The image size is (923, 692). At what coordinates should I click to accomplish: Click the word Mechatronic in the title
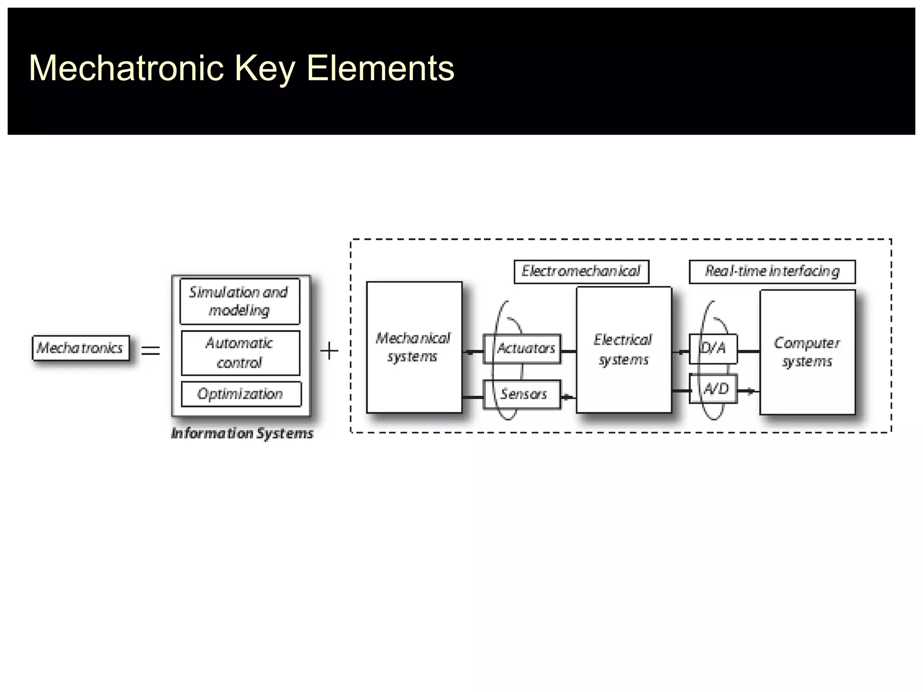pyautogui.click(x=126, y=68)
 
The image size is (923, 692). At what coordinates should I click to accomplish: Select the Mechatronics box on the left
pyautogui.click(x=81, y=348)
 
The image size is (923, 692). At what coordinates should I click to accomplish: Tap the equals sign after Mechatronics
pyautogui.click(x=151, y=350)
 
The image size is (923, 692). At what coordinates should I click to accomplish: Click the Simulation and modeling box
pyautogui.click(x=239, y=301)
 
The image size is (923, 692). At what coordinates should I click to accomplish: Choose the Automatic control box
pyautogui.click(x=240, y=353)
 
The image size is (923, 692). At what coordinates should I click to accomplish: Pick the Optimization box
pyautogui.click(x=241, y=394)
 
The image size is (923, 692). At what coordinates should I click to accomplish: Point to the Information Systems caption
pyautogui.click(x=242, y=433)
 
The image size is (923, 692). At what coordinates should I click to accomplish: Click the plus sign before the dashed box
pyautogui.click(x=329, y=351)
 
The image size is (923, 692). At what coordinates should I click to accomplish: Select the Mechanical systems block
pyautogui.click(x=414, y=347)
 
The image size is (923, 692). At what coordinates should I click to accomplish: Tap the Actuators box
pyautogui.click(x=522, y=348)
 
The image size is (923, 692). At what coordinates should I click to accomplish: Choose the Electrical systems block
pyautogui.click(x=624, y=350)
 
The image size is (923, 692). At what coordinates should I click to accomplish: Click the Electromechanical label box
pyautogui.click(x=581, y=271)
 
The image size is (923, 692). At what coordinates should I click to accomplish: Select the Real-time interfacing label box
pyautogui.click(x=772, y=271)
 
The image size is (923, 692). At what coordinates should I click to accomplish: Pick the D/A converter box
pyautogui.click(x=713, y=348)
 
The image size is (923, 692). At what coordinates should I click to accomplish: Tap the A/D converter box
pyautogui.click(x=713, y=388)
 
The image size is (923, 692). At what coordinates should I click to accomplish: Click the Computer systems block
pyautogui.click(x=807, y=352)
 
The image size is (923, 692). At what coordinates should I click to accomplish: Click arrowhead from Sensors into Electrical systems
pyautogui.click(x=569, y=397)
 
